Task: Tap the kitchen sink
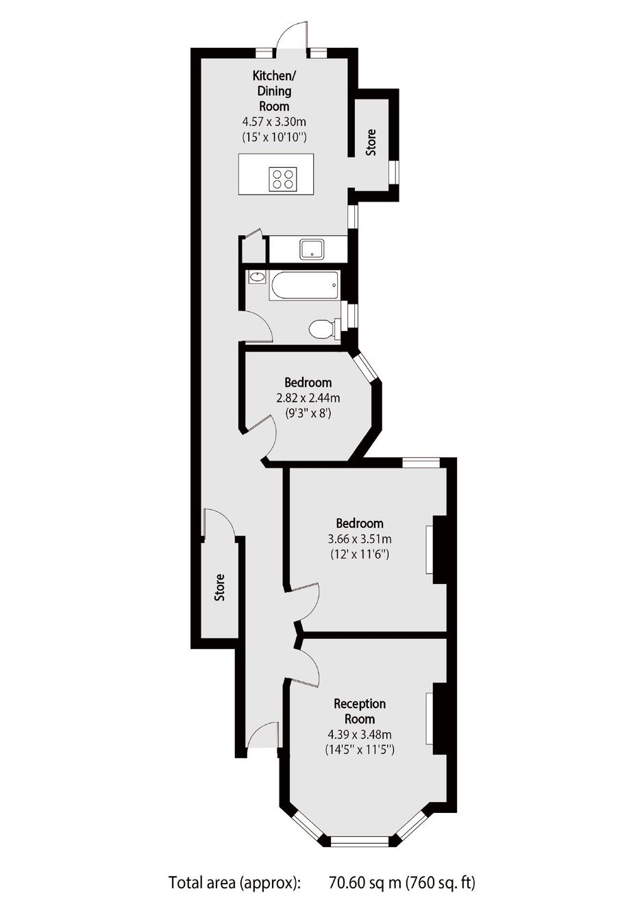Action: coord(312,250)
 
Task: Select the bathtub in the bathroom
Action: coord(304,286)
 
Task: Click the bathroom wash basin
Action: coord(257,277)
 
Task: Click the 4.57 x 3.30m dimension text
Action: coord(274,121)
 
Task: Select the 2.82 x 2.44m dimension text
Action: coord(308,398)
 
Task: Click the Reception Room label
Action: coord(360,712)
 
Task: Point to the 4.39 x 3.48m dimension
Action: coord(360,735)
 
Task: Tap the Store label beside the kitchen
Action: coord(371,142)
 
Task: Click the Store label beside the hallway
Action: coord(219,587)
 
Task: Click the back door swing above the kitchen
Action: coord(293,34)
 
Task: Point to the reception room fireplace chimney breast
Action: coord(440,718)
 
